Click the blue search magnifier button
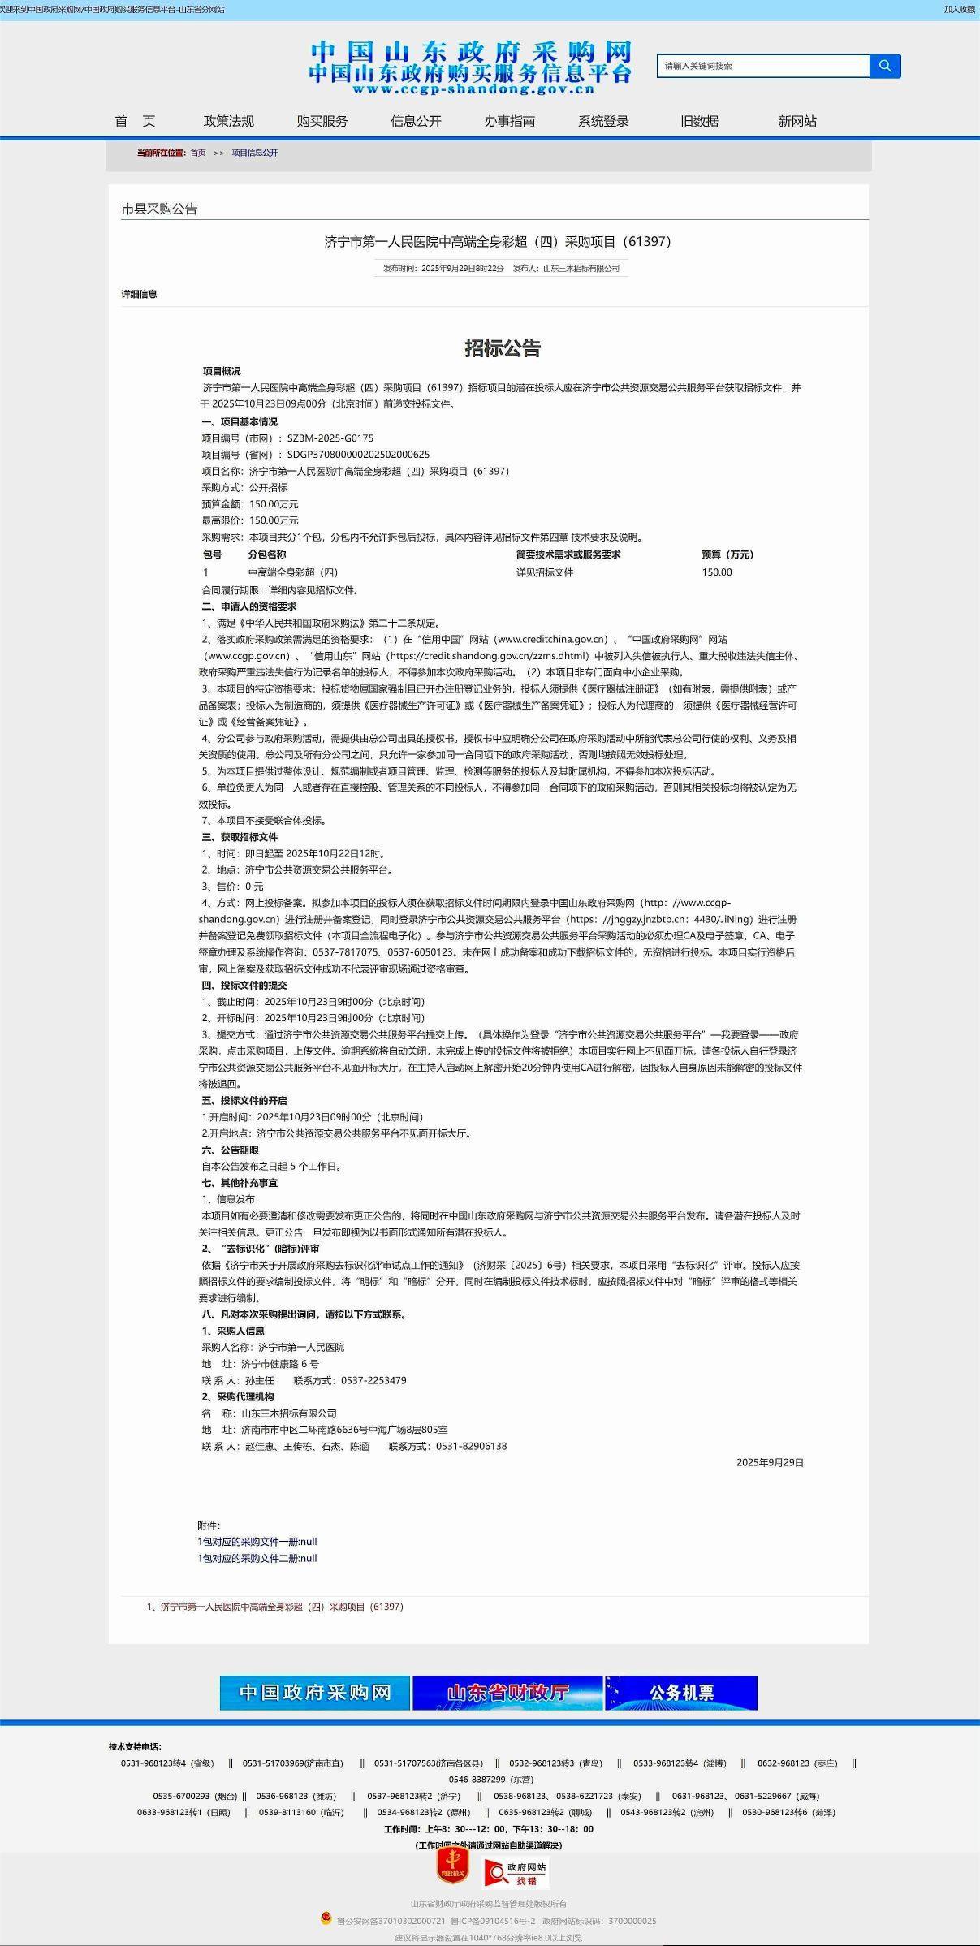(x=885, y=66)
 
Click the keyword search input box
(x=763, y=66)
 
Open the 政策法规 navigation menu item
(x=228, y=121)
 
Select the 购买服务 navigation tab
(x=322, y=121)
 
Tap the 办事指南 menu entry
(x=509, y=121)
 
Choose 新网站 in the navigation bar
(x=797, y=121)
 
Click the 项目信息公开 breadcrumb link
(x=254, y=153)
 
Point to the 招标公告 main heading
(x=503, y=348)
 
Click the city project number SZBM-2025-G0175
(x=330, y=438)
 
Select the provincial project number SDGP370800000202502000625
(x=358, y=455)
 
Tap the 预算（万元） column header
(x=727, y=554)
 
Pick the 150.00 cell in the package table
(x=717, y=572)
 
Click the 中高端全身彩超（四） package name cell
(x=292, y=572)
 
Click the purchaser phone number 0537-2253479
(x=373, y=1380)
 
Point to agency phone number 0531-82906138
(x=471, y=1446)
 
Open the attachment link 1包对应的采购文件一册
(x=257, y=1542)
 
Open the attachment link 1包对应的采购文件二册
(x=257, y=1558)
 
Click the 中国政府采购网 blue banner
(x=314, y=1693)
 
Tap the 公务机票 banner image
(x=681, y=1693)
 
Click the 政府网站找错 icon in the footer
(x=516, y=1873)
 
